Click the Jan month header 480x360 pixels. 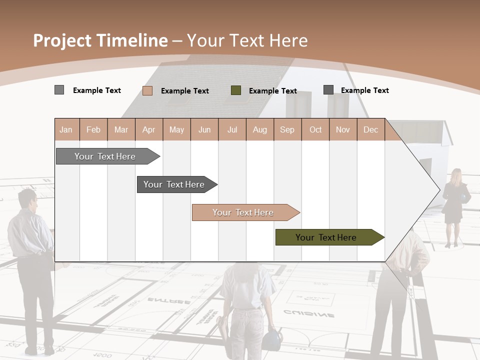tap(66, 129)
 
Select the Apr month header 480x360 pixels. tap(149, 129)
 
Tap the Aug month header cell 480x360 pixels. tap(260, 129)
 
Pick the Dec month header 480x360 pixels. tap(371, 129)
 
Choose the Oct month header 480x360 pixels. tap(315, 129)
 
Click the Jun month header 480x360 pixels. tap(204, 129)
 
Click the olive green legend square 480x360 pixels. tap(236, 90)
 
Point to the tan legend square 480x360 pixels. tap(147, 90)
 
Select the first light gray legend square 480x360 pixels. tap(59, 90)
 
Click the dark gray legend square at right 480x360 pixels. tap(328, 89)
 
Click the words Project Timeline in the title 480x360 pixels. tap(100, 40)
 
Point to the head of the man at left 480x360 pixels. tap(27, 199)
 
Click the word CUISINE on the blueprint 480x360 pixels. tap(309, 314)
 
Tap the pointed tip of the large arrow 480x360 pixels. tap(439, 190)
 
